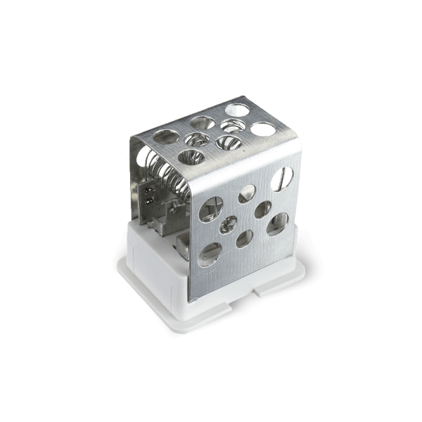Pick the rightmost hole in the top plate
tap(262, 129)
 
